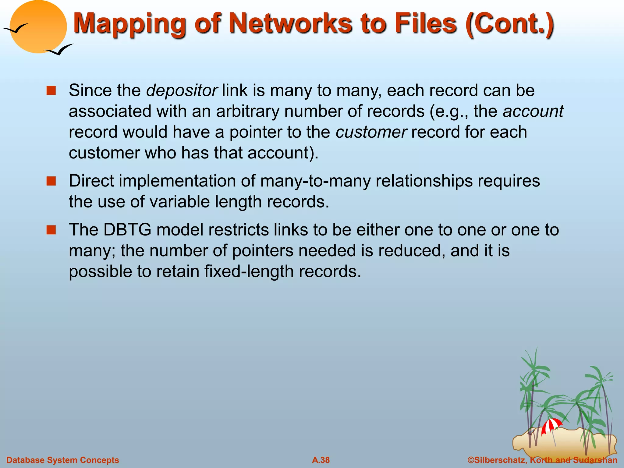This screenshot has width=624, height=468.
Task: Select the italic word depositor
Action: click(x=182, y=90)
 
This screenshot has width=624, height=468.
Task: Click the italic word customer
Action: click(x=371, y=132)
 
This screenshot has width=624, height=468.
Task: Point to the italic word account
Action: click(x=533, y=111)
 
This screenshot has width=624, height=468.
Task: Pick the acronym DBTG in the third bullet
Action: click(x=127, y=230)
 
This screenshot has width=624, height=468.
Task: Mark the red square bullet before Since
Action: click(x=51, y=90)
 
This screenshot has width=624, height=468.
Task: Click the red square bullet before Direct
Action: click(x=51, y=181)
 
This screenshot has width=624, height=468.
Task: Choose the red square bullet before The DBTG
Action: click(x=51, y=230)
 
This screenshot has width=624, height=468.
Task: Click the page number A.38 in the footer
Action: click(x=321, y=460)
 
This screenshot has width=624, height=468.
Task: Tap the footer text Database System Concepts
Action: click(x=62, y=460)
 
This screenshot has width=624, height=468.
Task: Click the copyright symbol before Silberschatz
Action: click(x=471, y=460)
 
